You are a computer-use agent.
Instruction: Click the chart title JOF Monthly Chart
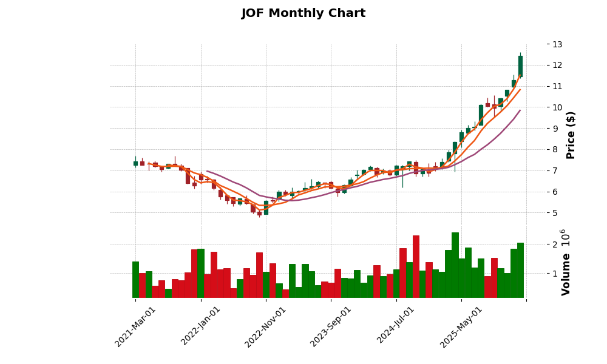pyautogui.click(x=303, y=13)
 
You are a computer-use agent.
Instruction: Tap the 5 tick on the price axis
pyautogui.click(x=555, y=213)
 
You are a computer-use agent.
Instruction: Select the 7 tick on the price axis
pyautogui.click(x=555, y=170)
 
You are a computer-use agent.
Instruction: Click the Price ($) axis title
pyautogui.click(x=571, y=135)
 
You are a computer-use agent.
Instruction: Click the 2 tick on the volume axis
pyautogui.click(x=555, y=244)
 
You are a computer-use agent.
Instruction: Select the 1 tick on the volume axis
pyautogui.click(x=555, y=274)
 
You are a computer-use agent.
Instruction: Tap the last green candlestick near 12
pyautogui.click(x=520, y=66)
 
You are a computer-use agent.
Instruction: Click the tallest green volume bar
pyautogui.click(x=455, y=265)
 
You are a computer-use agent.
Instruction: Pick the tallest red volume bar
pyautogui.click(x=416, y=267)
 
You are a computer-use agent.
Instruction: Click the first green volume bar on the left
pyautogui.click(x=135, y=280)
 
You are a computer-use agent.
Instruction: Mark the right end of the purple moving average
pyautogui.click(x=520, y=110)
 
